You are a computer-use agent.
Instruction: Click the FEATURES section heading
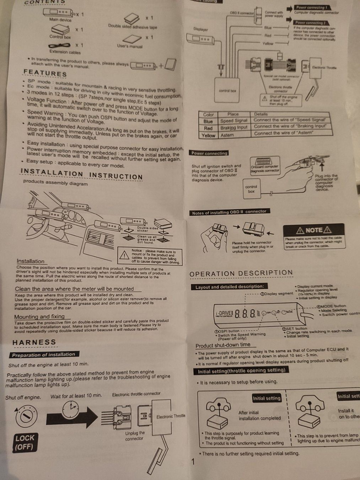[x=45, y=73]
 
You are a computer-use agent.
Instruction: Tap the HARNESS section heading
[x=34, y=342]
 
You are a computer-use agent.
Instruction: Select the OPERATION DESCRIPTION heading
[x=241, y=273]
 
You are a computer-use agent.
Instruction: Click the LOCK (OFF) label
[x=25, y=442]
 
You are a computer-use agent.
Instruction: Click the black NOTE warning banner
[x=313, y=230]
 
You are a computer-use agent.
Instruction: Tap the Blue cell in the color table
[x=208, y=121]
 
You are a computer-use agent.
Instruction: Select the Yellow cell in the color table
[x=208, y=135]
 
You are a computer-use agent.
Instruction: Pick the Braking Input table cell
[x=233, y=128]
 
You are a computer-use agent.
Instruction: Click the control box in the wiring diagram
[x=227, y=91]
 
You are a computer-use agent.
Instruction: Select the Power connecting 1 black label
[x=312, y=7]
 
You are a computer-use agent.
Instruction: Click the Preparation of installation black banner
[x=43, y=354]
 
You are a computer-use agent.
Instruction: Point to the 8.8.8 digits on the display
[x=245, y=314]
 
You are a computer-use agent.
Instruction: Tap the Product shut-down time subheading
[x=223, y=345]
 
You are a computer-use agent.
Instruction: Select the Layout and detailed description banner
[x=230, y=287]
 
